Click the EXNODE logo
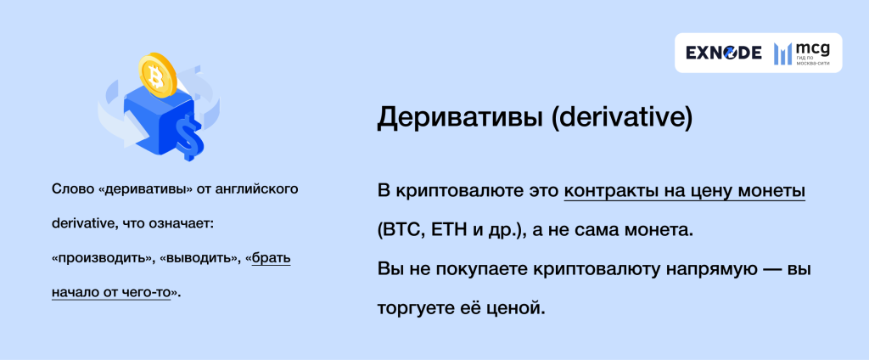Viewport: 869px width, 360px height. (723, 53)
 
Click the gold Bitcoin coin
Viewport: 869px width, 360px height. (155, 74)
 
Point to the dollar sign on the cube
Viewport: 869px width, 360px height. (187, 136)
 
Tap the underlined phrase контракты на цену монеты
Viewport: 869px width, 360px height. (685, 193)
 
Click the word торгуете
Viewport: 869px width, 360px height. (418, 307)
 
